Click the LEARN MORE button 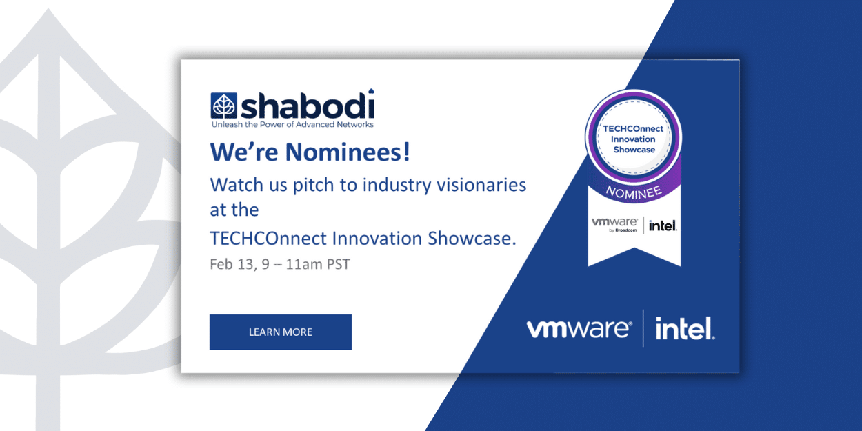(280, 332)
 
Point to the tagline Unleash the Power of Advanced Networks (292, 125)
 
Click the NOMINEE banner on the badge (633, 190)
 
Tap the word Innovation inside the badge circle (634, 139)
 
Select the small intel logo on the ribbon (662, 225)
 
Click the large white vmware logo (579, 329)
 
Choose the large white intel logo (684, 329)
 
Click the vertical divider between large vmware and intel (643, 328)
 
